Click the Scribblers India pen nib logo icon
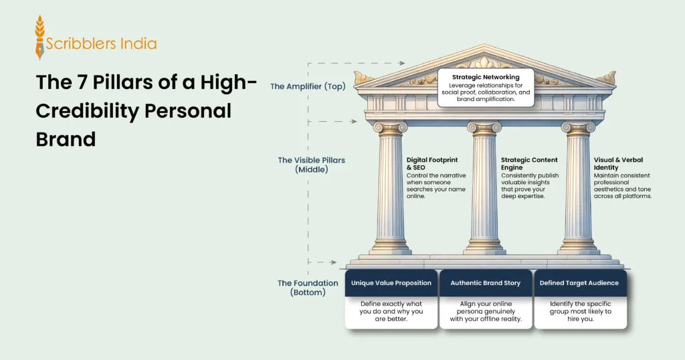[40, 37]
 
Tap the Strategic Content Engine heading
[529, 164]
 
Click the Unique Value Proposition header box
[391, 283]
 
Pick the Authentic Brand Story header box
[486, 283]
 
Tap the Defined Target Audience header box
[580, 283]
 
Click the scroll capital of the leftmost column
[391, 127]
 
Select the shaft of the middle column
[485, 187]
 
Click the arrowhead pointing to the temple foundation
[334, 263]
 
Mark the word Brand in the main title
[66, 139]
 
